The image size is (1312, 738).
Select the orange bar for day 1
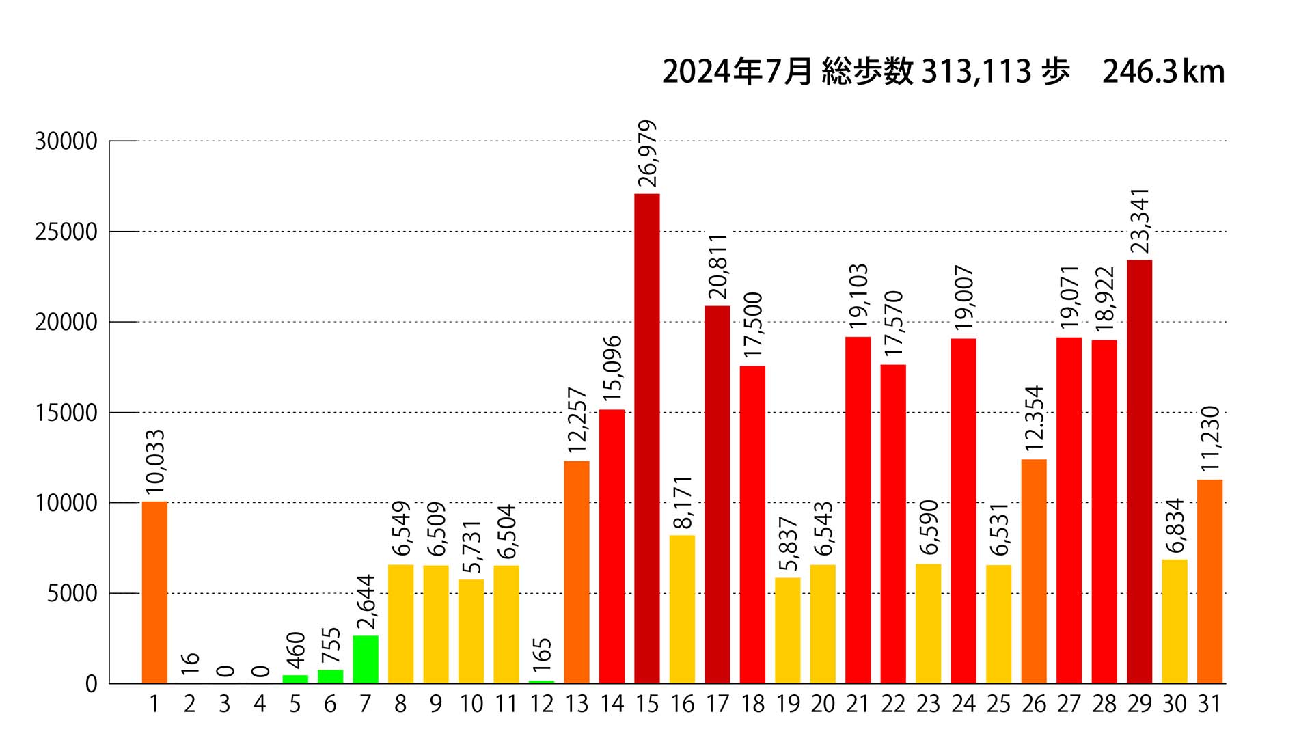click(154, 592)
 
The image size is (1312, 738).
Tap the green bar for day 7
click(366, 659)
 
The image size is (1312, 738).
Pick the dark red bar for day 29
click(1139, 471)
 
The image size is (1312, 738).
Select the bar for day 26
click(1034, 571)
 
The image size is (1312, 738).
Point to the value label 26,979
click(646, 153)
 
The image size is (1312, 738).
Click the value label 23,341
click(1139, 220)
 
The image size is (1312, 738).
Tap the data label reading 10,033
click(155, 461)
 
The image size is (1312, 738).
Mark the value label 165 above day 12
click(542, 655)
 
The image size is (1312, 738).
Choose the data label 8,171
click(683, 502)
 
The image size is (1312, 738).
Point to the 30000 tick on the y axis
click(66, 141)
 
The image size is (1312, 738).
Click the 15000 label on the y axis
click(66, 413)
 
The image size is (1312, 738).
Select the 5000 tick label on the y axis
click(72, 594)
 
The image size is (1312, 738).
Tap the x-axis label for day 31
click(1209, 704)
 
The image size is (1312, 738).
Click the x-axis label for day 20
click(823, 704)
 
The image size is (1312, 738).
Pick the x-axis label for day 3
click(224, 704)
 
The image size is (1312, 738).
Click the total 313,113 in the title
click(976, 72)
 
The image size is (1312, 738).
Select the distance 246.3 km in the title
click(1163, 72)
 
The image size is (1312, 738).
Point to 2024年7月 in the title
click(737, 72)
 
